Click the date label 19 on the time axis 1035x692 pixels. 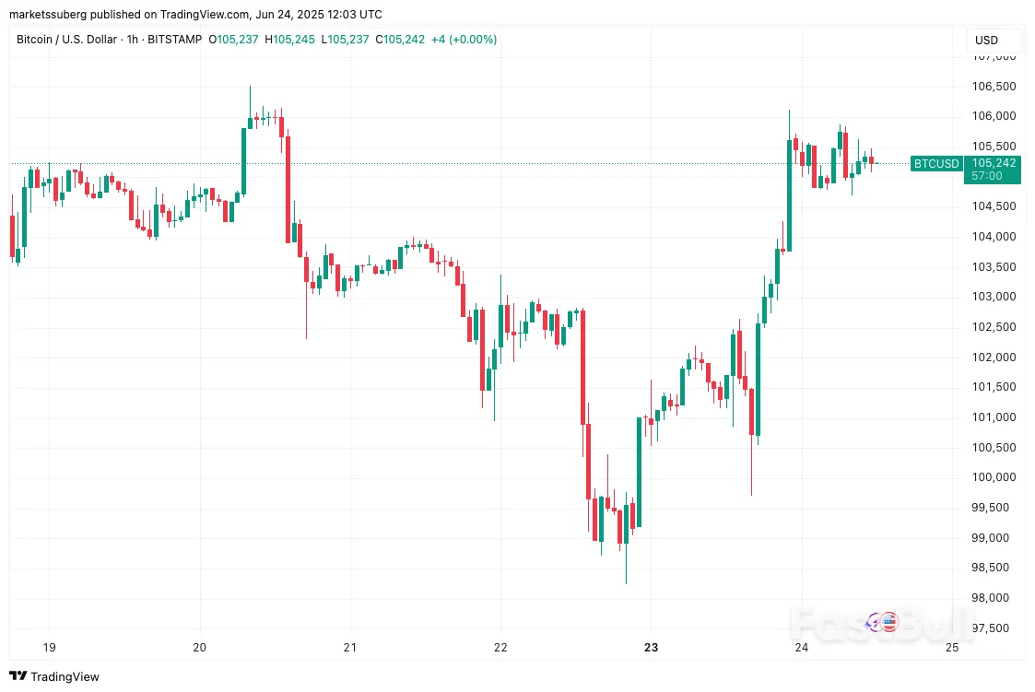pyautogui.click(x=50, y=648)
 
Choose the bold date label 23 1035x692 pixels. pyautogui.click(x=651, y=648)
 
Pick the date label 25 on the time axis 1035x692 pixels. pyautogui.click(x=952, y=648)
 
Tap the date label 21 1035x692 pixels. pyautogui.click(x=350, y=648)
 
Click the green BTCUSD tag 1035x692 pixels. pyautogui.click(x=935, y=164)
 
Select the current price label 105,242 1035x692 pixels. pyautogui.click(x=993, y=163)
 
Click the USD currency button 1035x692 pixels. pyautogui.click(x=986, y=41)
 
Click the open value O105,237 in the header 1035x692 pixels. pyautogui.click(x=235, y=40)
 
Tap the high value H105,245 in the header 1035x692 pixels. pyautogui.click(x=291, y=40)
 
